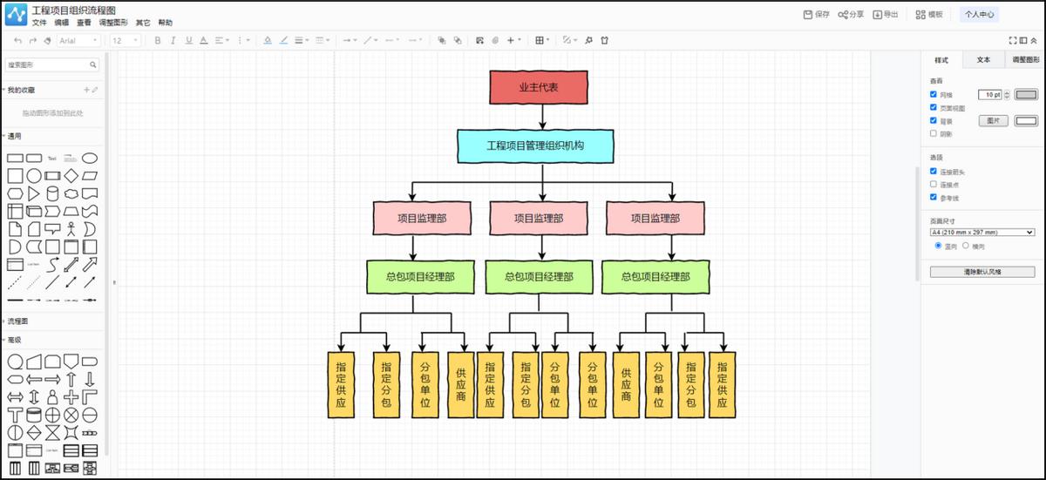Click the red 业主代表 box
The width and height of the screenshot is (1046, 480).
(x=539, y=87)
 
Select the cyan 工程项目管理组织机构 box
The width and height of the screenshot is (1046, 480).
(x=535, y=145)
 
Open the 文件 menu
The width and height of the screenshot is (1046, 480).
(x=39, y=23)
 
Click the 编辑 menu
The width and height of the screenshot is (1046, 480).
(x=62, y=23)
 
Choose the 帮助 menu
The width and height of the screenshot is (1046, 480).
(x=166, y=23)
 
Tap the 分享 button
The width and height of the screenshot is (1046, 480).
(x=851, y=15)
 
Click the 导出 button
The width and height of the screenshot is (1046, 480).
(x=886, y=15)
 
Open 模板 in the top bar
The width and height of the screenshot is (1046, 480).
(x=929, y=15)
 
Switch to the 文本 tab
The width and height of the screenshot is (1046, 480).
(x=983, y=60)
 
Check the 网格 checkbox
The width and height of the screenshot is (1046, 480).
(x=934, y=94)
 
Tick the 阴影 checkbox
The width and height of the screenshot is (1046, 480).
(x=934, y=133)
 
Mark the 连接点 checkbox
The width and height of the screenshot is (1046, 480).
(x=934, y=185)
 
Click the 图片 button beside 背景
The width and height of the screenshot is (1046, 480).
(x=992, y=120)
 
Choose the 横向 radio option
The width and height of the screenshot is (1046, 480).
(x=966, y=247)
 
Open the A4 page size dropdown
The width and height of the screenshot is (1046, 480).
(x=981, y=233)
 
